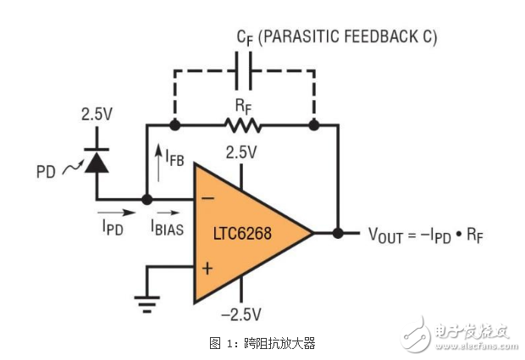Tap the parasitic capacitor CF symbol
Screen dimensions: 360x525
(x=243, y=71)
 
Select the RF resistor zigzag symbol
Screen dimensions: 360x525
(x=243, y=125)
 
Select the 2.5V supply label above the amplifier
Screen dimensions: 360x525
(x=240, y=152)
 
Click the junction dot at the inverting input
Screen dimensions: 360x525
(x=146, y=201)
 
